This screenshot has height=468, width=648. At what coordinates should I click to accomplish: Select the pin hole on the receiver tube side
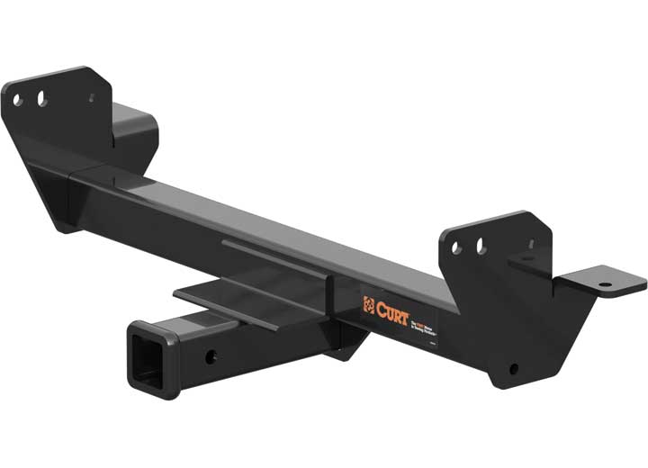[211, 356]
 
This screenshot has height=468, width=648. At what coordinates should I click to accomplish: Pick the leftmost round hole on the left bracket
[17, 99]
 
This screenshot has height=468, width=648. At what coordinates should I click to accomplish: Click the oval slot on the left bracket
[41, 98]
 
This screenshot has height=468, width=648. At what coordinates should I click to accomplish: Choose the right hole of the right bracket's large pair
[481, 245]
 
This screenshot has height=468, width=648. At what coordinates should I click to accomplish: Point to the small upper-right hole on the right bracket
[531, 244]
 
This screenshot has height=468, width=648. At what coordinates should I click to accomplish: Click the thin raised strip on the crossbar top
[270, 258]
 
